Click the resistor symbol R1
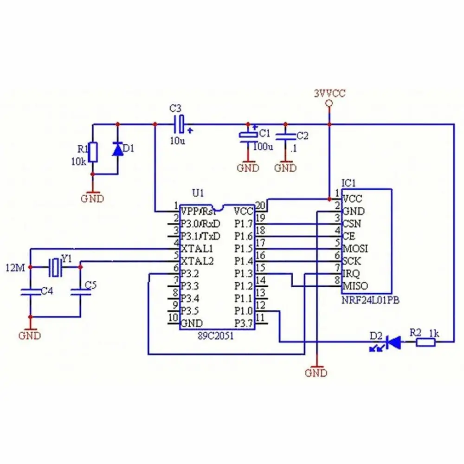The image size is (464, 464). (x=93, y=152)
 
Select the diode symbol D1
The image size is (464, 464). (x=117, y=149)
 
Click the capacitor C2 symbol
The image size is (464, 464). (x=285, y=136)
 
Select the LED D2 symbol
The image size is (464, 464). (x=393, y=343)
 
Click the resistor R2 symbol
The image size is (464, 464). (x=425, y=343)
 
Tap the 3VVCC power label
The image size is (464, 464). (x=329, y=93)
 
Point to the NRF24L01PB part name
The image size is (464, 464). (x=370, y=301)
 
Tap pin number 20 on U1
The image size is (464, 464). (x=260, y=206)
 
